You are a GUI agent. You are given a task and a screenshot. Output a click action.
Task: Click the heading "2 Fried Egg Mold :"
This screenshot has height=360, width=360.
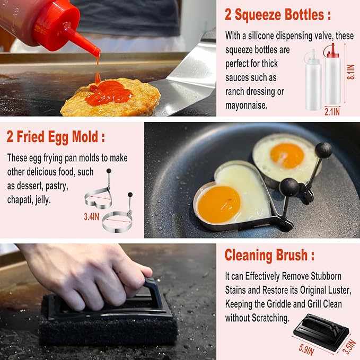tap(56, 137)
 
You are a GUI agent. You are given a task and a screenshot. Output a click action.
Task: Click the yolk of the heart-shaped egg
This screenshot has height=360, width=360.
tap(218, 203)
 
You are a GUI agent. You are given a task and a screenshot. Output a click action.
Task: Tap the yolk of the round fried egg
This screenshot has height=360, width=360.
tap(287, 155)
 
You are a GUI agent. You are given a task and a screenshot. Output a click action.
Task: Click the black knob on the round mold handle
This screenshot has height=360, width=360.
tap(323, 150)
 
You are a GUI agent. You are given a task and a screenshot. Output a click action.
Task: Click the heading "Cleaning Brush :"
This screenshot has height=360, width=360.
tap(269, 255)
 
